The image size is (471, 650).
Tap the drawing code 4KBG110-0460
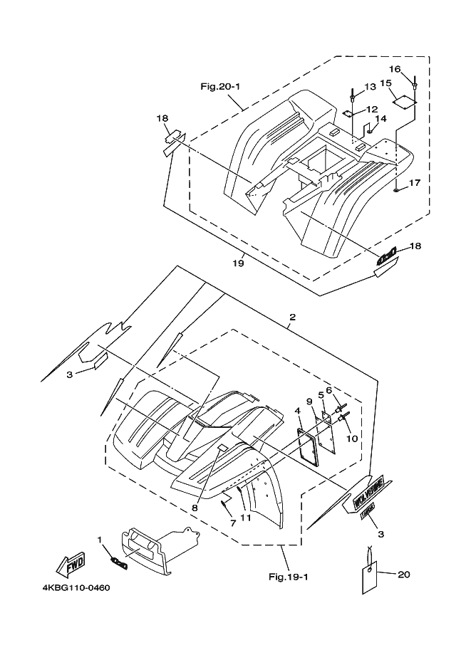[71, 588]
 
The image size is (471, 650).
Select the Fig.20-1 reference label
[220, 87]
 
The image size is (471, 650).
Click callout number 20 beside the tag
[405, 574]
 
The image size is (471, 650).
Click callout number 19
[238, 263]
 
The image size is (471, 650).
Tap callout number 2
[292, 317]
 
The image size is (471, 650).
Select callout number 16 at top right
[396, 69]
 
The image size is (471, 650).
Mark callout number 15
[386, 83]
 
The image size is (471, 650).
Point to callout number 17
[415, 183]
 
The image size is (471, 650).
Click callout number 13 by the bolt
[369, 87]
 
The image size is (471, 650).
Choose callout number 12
[372, 109]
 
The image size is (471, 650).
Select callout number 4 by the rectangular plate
[297, 411]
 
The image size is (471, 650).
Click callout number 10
[351, 439]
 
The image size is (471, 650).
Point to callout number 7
[232, 524]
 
